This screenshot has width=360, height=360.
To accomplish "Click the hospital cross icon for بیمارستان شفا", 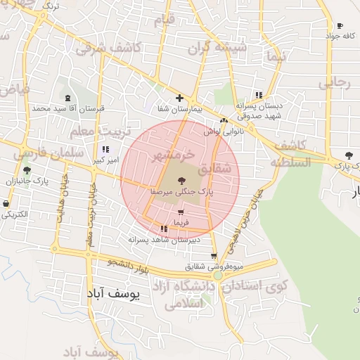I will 180,98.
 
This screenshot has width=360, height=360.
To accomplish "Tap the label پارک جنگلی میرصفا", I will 181,191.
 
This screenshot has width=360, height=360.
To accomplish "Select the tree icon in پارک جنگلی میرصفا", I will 181,181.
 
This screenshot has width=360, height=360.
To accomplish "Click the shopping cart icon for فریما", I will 181,212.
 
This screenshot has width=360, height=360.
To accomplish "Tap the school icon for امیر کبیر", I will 105,150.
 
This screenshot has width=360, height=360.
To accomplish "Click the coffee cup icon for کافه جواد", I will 340,25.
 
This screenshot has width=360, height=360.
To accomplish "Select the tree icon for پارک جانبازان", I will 27,170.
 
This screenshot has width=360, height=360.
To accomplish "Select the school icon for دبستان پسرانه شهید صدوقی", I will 259,95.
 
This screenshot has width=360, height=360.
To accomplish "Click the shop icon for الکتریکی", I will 7,204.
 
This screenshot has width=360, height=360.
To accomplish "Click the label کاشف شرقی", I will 109,49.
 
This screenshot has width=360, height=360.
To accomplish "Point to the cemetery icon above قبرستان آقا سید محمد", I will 67,98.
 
